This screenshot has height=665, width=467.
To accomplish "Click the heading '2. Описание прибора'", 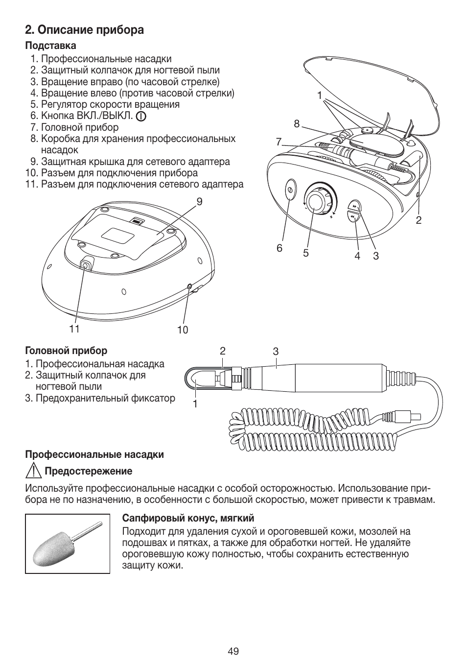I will coord(85,30).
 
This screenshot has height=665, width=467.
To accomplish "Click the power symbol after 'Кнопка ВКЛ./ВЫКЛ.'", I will coord(141,117).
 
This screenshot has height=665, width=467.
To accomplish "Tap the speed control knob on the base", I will coord(318,201).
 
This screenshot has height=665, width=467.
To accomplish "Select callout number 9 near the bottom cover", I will coord(199,201).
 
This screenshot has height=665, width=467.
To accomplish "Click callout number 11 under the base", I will coord(74,329).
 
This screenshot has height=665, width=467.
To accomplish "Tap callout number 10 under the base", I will coord(183,330).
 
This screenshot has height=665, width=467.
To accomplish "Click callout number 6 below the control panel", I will coord(280,248).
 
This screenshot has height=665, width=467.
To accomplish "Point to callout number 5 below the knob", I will coord(305,253).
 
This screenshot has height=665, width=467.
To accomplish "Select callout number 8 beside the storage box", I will coord(296,124).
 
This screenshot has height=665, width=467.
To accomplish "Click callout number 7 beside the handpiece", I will coord(279,142).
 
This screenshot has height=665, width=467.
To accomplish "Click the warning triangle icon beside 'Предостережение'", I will coord(33,471).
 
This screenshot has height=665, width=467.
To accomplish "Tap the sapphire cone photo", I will coord(68,544).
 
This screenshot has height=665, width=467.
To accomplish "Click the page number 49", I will coord(233,651).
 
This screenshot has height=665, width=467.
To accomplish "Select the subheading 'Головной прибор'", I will coord(66,351).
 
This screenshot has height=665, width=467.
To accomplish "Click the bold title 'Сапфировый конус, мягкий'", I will coord(188,518).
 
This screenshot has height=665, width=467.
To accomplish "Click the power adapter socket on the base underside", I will coord(85,265).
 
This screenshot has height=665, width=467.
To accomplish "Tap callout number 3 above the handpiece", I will coord(276,351).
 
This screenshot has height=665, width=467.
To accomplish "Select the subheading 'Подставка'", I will coord(51,46).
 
